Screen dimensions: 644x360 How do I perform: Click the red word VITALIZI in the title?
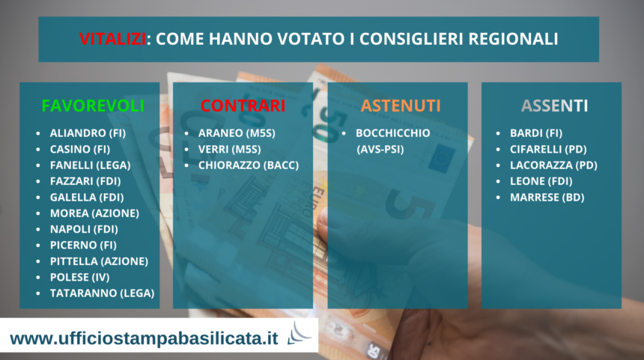(x=112, y=39)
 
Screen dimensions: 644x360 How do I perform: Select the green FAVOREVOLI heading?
(x=93, y=106)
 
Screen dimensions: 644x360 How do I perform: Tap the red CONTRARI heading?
(x=243, y=106)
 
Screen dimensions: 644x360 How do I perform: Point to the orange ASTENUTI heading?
(x=401, y=106)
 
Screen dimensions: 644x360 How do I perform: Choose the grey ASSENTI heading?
(x=554, y=106)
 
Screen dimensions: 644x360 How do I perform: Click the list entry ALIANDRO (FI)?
(x=88, y=133)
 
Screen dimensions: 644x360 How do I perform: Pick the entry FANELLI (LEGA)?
(x=91, y=165)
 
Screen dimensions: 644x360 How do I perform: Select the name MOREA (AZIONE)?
(x=94, y=213)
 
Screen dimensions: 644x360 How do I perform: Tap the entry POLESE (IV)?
(x=79, y=277)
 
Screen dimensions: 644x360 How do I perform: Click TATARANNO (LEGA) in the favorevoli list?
(x=103, y=293)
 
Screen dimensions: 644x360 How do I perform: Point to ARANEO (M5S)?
(x=237, y=133)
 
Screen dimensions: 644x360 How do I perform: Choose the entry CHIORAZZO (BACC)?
(x=249, y=165)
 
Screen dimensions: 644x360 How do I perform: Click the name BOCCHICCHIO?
(x=393, y=133)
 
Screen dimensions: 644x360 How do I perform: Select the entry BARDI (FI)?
(x=536, y=133)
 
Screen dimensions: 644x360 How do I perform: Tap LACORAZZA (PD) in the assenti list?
(x=553, y=165)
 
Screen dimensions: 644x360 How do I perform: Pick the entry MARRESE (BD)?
(x=547, y=197)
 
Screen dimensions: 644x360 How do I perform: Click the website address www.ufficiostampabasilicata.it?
(x=145, y=338)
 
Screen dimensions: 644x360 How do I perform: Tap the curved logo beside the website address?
(x=299, y=333)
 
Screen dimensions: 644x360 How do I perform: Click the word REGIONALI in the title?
(x=513, y=39)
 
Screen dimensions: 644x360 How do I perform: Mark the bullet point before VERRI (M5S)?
(x=186, y=150)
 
